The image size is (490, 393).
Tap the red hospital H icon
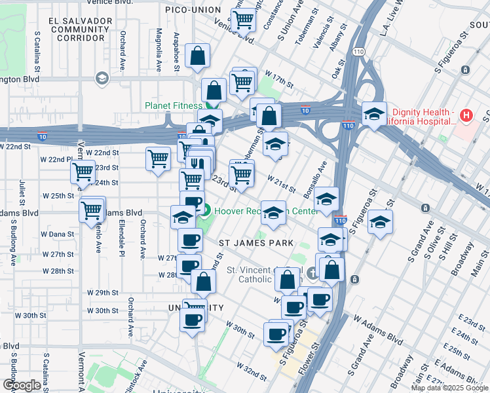coord(466,116)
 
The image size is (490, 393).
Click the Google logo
coord(21,385)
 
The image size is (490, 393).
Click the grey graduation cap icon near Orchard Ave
coord(102,79)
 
